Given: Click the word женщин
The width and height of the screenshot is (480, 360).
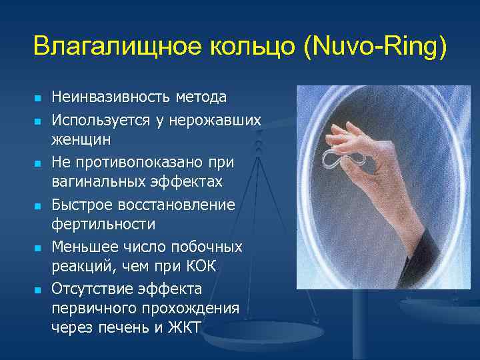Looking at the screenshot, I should click(x=81, y=141).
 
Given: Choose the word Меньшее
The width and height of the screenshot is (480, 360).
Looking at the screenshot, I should click(x=84, y=247).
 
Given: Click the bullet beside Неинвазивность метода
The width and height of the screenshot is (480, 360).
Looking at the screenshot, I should click(x=38, y=99).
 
